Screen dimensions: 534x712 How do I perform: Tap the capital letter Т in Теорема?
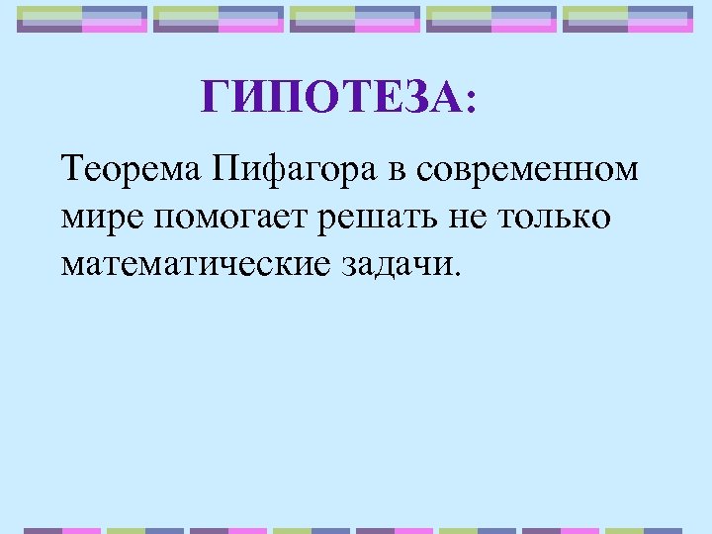click(x=70, y=169)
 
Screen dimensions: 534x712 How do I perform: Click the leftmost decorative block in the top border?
click(x=82, y=18)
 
